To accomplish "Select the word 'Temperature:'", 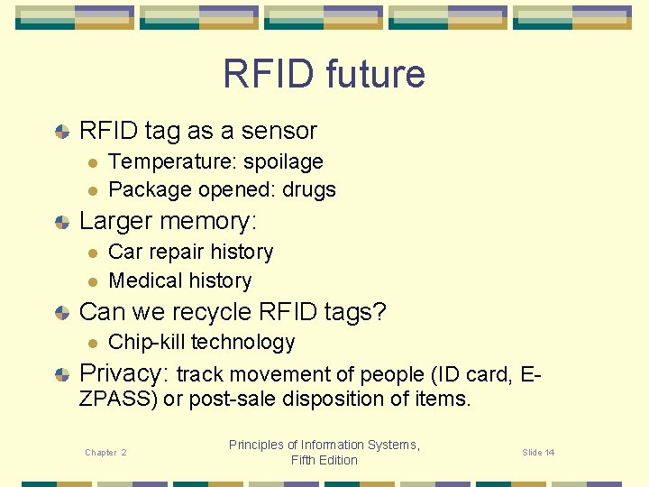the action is pos(165,162).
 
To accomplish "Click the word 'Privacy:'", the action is pos(124,373).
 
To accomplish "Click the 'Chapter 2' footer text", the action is pos(105,453).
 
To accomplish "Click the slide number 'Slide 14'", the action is pos(538,453).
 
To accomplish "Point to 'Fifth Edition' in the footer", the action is pos(324,460).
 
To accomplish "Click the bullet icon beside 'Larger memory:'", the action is pos(61,222).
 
